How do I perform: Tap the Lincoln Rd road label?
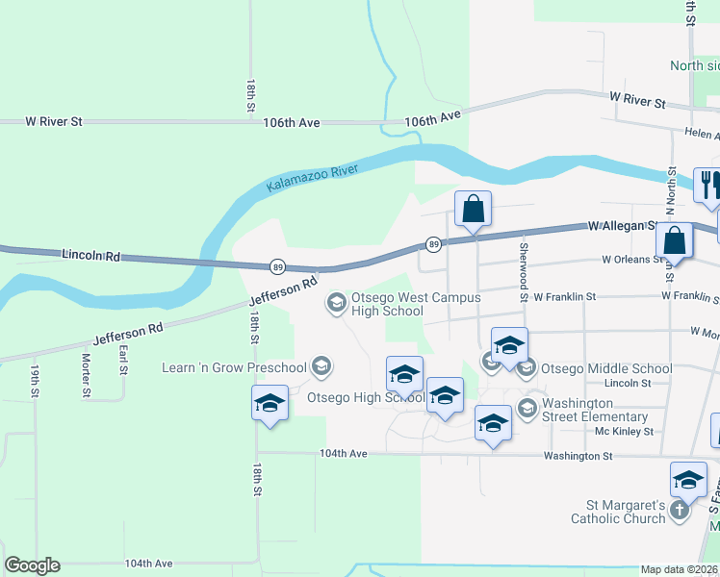90,256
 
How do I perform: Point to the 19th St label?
35,380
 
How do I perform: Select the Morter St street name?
86,375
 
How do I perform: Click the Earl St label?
123,361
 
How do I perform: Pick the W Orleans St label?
633,259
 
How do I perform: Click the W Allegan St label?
622,227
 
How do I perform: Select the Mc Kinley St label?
624,431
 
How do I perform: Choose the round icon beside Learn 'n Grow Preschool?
322,366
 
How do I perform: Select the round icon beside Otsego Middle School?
527,367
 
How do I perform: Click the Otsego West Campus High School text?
416,304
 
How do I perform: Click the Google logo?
32,565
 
